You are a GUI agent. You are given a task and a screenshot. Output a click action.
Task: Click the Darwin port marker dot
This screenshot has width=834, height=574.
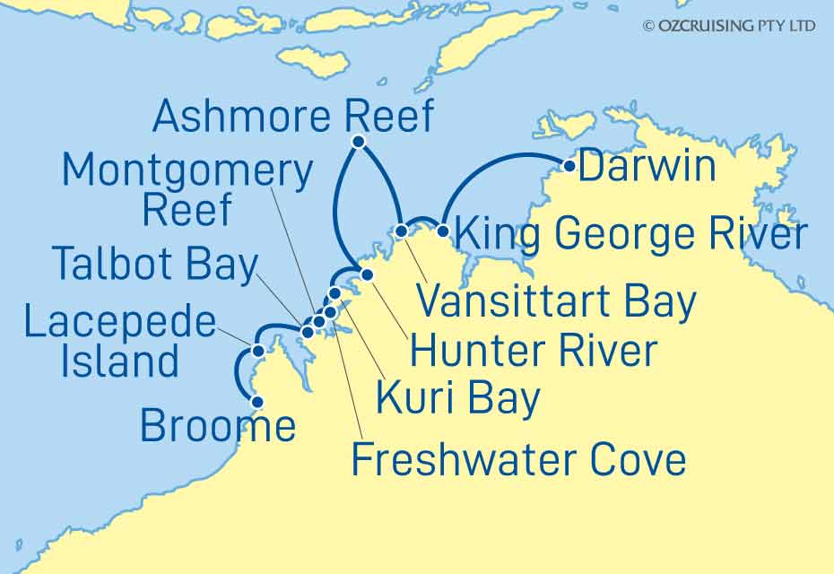(569, 165)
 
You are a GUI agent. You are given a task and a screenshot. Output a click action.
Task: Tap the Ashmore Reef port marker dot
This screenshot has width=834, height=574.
(358, 142)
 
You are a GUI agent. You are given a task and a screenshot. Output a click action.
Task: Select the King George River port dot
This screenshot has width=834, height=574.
(442, 231)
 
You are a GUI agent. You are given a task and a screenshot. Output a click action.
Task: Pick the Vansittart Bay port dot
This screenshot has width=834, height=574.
(402, 231)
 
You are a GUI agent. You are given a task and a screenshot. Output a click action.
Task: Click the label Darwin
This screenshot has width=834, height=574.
(647, 167)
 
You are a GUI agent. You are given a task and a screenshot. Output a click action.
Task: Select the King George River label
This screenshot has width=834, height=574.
(627, 235)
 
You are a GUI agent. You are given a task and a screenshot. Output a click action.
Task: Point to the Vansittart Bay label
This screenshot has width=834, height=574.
(557, 302)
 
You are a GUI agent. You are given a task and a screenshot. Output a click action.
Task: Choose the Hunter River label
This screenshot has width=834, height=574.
(533, 351)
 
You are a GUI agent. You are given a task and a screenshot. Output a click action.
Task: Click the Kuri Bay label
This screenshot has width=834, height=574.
(457, 398)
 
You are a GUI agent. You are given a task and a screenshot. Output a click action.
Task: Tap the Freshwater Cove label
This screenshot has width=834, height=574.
(517, 459)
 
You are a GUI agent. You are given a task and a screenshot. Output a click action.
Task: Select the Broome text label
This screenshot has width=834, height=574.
(218, 427)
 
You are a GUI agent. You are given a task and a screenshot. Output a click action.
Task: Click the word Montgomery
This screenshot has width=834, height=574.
(188, 170)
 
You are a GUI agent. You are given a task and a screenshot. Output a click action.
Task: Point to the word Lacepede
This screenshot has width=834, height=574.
(119, 324)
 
